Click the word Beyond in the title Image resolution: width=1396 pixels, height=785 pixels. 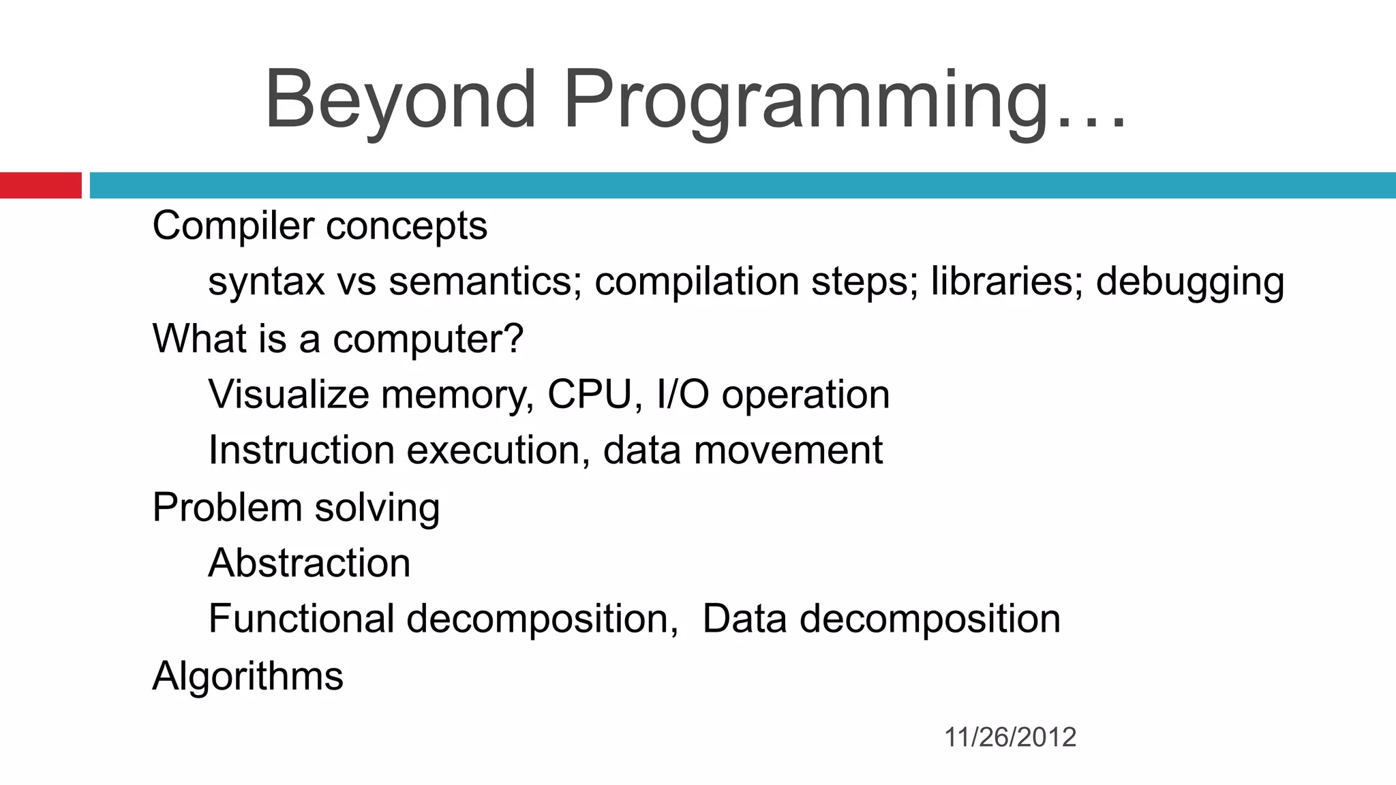click(400, 100)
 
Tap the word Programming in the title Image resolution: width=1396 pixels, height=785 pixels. click(804, 100)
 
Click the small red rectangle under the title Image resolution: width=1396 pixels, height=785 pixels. click(40, 185)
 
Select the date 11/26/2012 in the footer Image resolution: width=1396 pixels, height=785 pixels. click(1010, 737)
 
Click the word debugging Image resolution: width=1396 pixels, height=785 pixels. click(1189, 283)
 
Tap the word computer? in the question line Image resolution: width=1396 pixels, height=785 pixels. click(427, 339)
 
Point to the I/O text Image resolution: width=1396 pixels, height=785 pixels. click(682, 395)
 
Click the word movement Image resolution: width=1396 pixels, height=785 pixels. click(788, 450)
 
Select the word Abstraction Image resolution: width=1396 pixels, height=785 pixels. click(309, 564)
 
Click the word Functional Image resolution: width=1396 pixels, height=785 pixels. click(301, 619)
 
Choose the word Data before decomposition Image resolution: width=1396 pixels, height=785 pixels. click(744, 619)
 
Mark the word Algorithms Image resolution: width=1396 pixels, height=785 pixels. click(247, 677)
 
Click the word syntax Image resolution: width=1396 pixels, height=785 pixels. click(267, 283)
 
